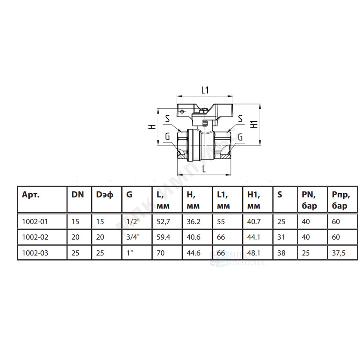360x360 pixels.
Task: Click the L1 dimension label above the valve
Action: click(x=205, y=90)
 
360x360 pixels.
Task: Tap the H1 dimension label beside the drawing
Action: click(x=254, y=124)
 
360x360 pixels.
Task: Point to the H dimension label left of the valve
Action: click(x=152, y=126)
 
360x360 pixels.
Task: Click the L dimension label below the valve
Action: click(x=204, y=169)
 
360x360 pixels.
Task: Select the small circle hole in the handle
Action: click(x=182, y=112)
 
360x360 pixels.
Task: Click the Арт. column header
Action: click(x=31, y=195)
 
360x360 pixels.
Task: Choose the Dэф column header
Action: click(x=105, y=195)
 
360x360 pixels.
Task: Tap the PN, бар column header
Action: click(x=309, y=200)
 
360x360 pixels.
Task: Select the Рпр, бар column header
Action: click(x=341, y=200)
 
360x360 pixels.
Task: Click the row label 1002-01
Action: click(x=35, y=222)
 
